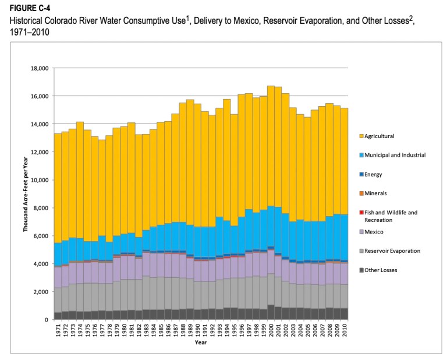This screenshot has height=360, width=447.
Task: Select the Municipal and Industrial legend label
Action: point(394,155)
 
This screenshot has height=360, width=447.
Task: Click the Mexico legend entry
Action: point(374,231)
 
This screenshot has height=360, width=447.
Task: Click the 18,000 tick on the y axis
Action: point(38,68)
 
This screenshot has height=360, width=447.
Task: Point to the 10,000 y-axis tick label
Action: point(38,180)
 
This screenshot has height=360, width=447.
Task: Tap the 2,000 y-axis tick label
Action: point(40,292)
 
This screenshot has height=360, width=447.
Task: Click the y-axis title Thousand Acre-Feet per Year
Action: point(26,194)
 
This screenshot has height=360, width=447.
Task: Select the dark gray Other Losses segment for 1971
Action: point(58,316)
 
